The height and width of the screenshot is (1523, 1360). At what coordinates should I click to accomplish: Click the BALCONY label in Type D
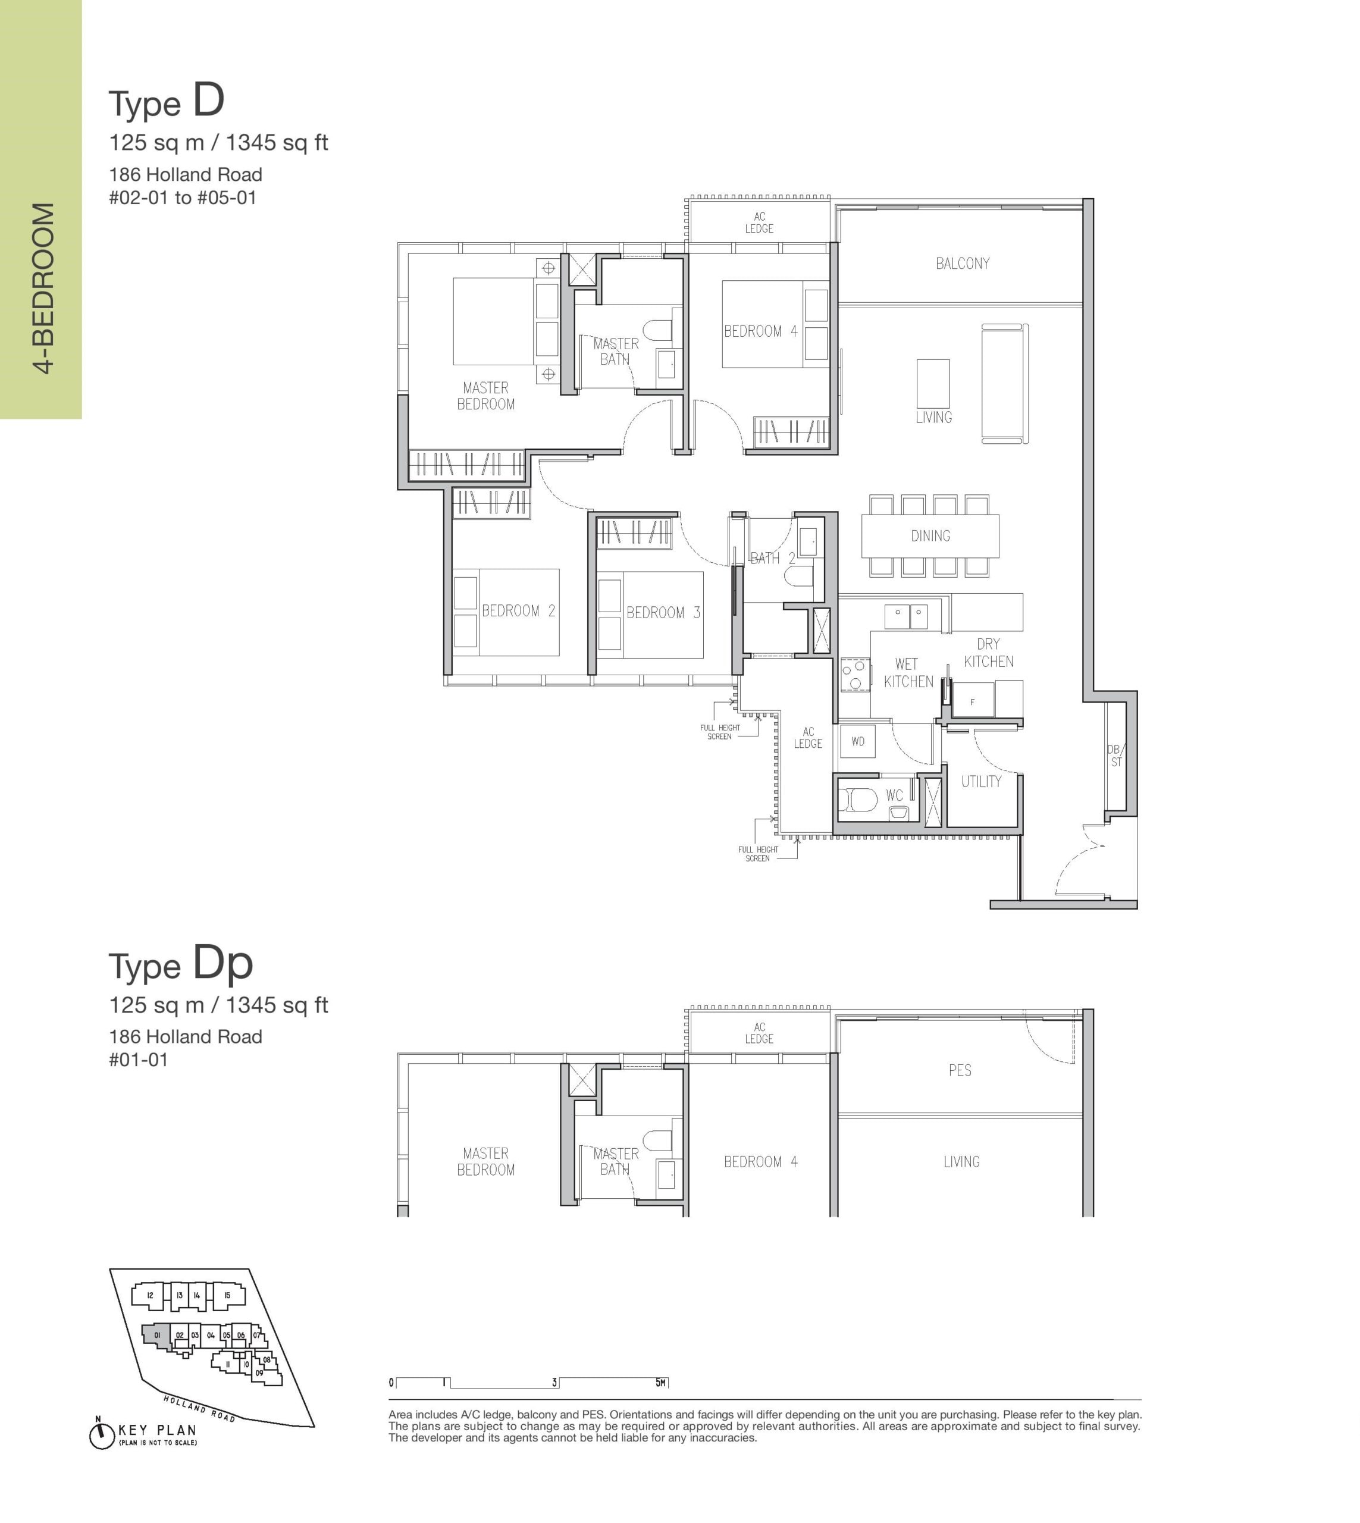point(963,263)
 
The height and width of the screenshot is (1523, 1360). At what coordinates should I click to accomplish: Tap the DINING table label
point(930,536)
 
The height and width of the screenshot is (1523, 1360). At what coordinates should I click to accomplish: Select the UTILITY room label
point(981,782)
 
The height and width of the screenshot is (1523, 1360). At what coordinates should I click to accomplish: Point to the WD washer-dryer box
point(858,741)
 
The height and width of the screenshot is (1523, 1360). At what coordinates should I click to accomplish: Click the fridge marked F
point(972,700)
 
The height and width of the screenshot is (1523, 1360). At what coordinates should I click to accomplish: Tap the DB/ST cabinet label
point(1115,756)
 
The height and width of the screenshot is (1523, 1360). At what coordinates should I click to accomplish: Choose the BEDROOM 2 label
point(518,610)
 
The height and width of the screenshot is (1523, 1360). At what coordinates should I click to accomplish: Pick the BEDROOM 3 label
point(663,613)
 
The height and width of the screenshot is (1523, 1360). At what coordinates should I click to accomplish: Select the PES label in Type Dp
point(960,1070)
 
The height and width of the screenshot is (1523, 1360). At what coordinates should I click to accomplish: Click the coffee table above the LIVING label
point(933,383)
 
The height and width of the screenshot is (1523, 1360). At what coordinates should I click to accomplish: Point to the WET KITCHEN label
point(908,673)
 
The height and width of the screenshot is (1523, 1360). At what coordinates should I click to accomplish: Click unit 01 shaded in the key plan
point(158,1337)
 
